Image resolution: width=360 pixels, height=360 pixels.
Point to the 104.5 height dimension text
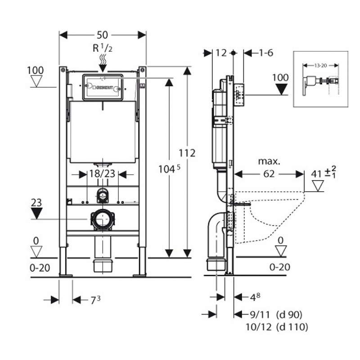pos(167,169)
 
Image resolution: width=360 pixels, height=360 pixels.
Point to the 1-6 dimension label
pos(265,53)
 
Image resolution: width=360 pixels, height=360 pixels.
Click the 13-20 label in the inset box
pos(320,65)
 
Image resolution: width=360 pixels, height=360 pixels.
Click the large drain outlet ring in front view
pos(103,220)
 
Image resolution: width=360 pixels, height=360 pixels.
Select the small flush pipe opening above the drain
pos(103,195)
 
